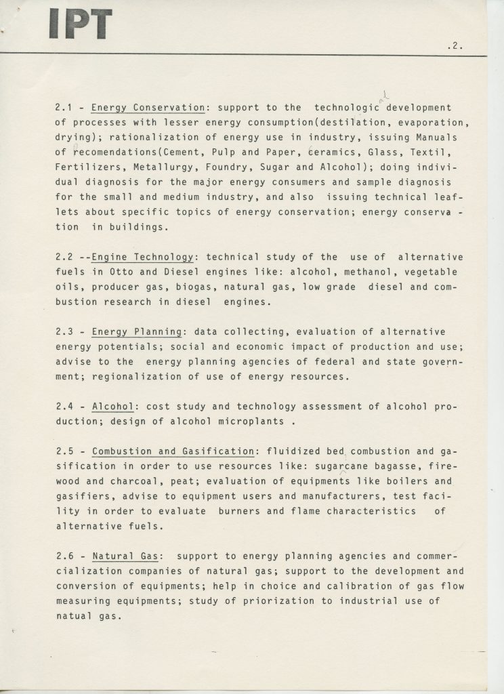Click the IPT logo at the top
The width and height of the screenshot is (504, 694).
pos(79,24)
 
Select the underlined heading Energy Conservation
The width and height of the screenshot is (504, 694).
pos(148,108)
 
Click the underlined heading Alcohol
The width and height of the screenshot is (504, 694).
pos(113,406)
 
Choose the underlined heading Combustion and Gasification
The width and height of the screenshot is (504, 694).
pos(173,451)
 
